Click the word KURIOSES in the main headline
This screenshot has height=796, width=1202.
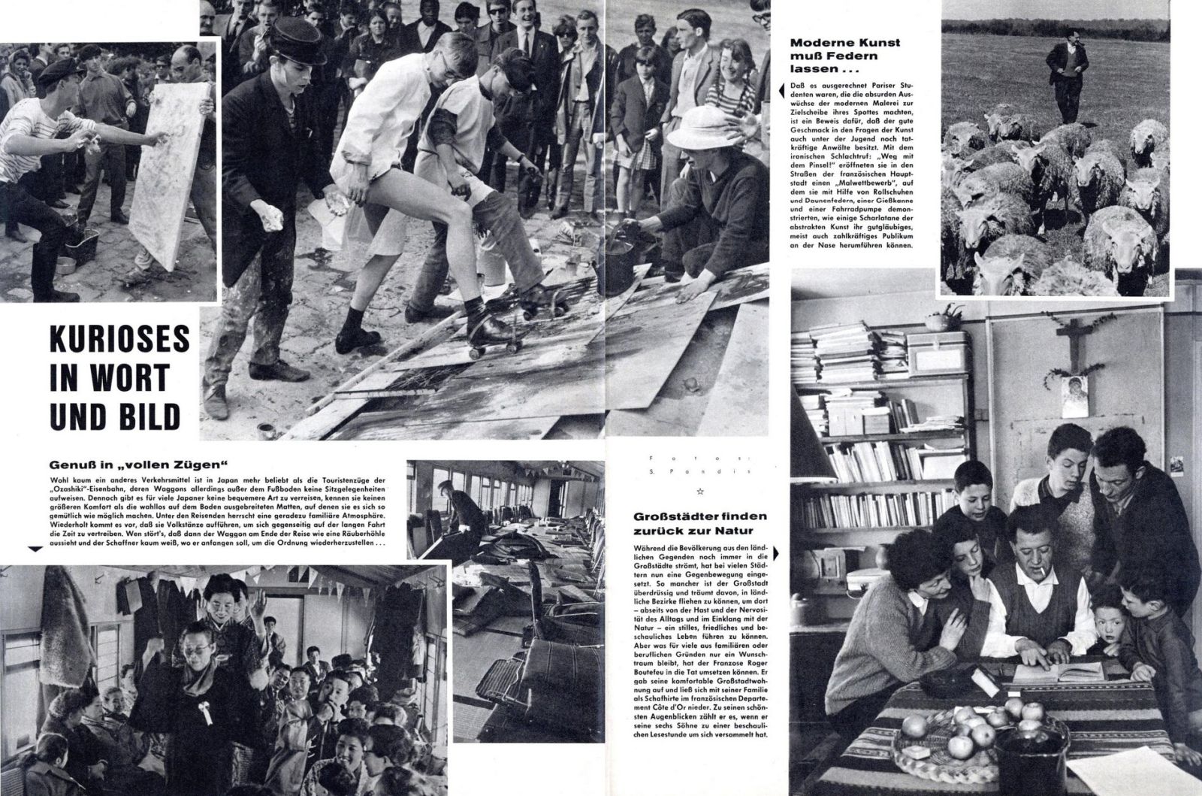pyautogui.click(x=116, y=339)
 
